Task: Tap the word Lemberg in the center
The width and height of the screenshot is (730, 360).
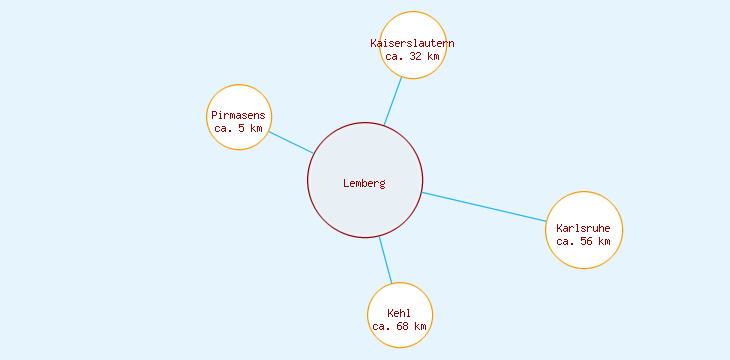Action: tap(364, 183)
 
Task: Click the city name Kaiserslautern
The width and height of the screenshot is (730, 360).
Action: tap(412, 43)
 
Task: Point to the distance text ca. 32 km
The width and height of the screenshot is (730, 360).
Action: tap(412, 56)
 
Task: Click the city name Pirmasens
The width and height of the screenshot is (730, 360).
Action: tap(238, 116)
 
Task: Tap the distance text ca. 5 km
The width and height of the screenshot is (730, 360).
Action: tap(238, 128)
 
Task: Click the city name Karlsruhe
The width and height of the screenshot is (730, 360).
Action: tap(583, 228)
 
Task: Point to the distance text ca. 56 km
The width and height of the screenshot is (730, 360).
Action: tap(583, 241)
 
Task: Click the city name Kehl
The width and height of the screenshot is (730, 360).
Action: tap(399, 314)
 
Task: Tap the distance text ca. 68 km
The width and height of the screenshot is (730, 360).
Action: tap(399, 326)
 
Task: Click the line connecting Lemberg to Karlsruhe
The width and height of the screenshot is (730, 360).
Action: tap(485, 206)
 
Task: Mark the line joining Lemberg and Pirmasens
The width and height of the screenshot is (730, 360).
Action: tap(291, 142)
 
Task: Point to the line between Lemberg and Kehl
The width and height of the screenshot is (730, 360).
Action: tap(385, 260)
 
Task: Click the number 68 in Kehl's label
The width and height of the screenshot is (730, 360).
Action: tap(401, 326)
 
